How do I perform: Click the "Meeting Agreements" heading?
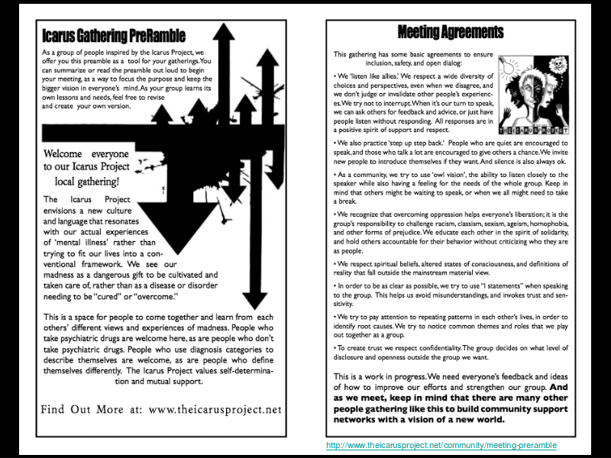pyautogui.click(x=451, y=32)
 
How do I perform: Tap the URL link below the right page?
pyautogui.click(x=441, y=445)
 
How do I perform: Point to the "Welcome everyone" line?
pyautogui.click(x=86, y=153)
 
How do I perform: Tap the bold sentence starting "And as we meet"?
pyautogui.click(x=451, y=404)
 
